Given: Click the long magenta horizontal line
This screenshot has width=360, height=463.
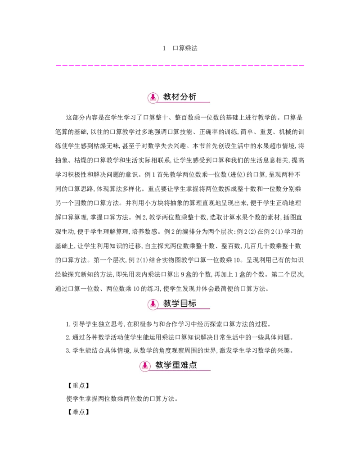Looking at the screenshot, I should [180, 67].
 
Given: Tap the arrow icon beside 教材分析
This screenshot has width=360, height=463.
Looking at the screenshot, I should [153, 97].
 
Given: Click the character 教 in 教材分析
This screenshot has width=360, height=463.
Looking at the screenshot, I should [167, 97].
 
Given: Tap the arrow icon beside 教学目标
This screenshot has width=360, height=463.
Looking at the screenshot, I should [153, 304].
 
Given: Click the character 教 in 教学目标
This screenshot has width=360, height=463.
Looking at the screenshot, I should [167, 304].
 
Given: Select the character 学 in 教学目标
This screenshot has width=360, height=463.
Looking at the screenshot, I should [176, 304].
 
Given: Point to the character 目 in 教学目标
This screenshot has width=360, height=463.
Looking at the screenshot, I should [184, 304].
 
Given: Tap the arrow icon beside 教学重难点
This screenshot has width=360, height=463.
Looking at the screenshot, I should [145, 366].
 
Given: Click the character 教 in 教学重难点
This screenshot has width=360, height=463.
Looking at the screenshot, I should [159, 365].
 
